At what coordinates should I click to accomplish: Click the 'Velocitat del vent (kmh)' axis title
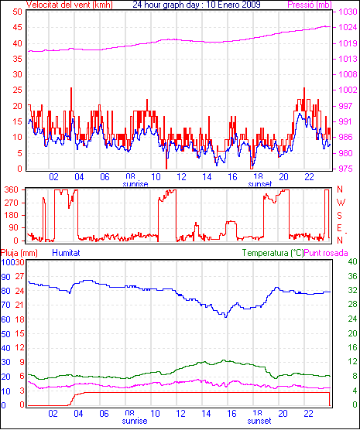[70, 5]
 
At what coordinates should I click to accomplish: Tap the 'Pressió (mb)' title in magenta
[310, 5]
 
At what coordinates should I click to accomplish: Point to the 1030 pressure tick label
[348, 12]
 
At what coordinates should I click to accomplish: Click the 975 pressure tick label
[345, 169]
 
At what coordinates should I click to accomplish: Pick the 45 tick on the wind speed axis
[18, 27]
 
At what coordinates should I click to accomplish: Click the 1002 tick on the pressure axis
[348, 90]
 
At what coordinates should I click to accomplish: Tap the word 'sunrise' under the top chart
[135, 184]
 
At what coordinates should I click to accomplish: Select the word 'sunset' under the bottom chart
[259, 421]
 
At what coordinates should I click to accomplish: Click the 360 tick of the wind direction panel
[12, 189]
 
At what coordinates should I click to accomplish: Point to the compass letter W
[341, 203]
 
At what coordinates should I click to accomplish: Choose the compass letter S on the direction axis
[340, 216]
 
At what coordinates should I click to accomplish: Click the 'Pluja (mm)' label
[19, 253]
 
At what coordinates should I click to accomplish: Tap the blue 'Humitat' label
[66, 253]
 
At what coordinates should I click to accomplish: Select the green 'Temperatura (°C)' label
[273, 253]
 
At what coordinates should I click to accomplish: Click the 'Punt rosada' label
[326, 253]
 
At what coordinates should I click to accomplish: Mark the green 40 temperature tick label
[352, 261]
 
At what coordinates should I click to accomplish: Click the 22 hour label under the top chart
[309, 177]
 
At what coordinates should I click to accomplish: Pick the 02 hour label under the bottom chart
[53, 413]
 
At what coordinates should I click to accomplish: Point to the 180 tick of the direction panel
[12, 215]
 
